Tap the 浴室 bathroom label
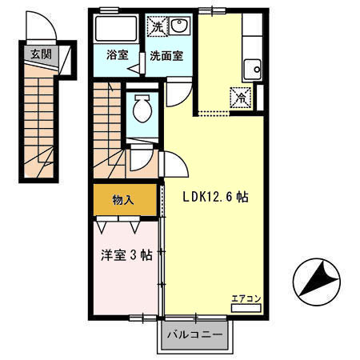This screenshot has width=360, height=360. [118, 55]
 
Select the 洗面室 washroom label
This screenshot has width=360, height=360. [167, 56]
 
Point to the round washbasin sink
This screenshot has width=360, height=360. [179, 26]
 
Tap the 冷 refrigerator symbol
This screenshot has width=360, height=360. [240, 98]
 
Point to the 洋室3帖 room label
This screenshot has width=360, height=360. [126, 256]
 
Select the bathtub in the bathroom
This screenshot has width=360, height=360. [117, 31]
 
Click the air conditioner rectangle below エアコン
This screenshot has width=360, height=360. [245, 307]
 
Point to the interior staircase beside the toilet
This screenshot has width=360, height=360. [108, 120]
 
